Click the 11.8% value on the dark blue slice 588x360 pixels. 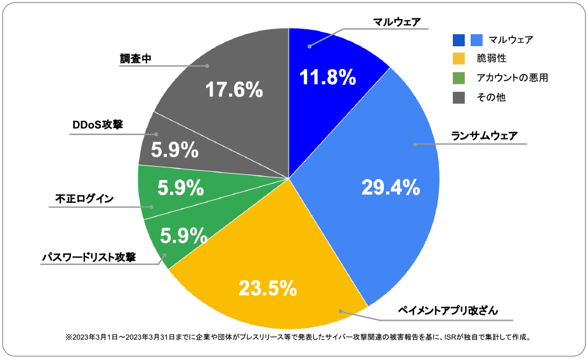[327, 78]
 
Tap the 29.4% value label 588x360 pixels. [390, 187]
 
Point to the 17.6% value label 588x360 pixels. [234, 90]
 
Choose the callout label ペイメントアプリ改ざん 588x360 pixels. [448, 311]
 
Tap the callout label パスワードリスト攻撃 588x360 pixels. [88, 257]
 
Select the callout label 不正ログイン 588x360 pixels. [84, 199]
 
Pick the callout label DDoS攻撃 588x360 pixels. [97, 125]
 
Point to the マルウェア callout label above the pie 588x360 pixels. [397, 22]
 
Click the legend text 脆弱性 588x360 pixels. [492, 59]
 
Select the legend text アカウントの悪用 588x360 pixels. [511, 78]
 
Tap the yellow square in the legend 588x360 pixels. [459, 59]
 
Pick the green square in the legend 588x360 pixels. [459, 78]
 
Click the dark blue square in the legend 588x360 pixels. [459, 40]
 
